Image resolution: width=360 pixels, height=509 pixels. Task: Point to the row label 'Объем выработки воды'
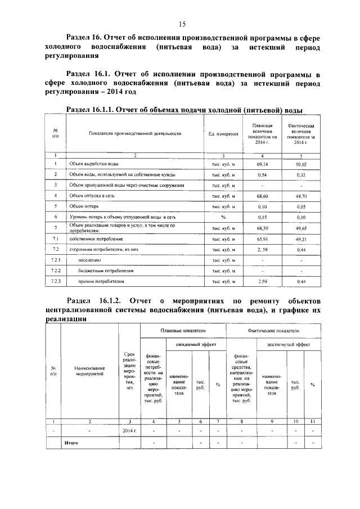point(93,164)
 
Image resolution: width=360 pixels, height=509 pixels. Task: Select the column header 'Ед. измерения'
point(223,134)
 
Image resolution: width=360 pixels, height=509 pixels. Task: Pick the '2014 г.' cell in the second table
point(129,430)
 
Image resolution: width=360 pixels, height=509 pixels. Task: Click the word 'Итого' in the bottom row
point(71,442)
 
